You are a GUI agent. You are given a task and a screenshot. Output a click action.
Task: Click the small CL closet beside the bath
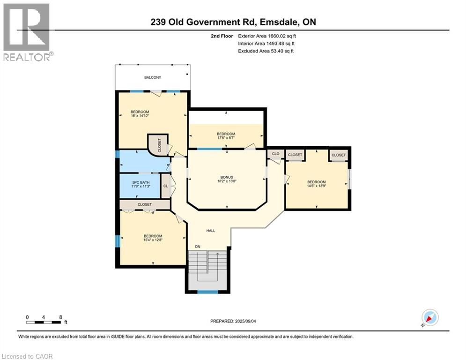click(165, 186)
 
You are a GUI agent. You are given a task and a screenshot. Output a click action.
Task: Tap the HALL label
click(211, 231)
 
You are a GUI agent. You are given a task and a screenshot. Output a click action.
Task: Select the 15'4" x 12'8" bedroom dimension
click(153, 241)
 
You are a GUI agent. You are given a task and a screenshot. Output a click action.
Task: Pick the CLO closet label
click(276, 154)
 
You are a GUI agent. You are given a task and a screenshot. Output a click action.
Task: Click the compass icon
click(429, 317)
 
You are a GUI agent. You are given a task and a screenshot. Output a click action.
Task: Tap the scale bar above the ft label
click(44, 322)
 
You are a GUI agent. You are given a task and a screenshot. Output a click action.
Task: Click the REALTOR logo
click(27, 32)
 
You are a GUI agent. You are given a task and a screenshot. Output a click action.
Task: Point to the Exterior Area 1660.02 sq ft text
click(267, 36)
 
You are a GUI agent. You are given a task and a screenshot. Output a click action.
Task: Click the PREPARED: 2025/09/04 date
click(233, 321)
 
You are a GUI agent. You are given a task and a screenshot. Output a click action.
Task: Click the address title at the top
click(233, 22)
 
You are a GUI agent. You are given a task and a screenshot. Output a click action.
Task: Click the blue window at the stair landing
click(207, 292)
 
